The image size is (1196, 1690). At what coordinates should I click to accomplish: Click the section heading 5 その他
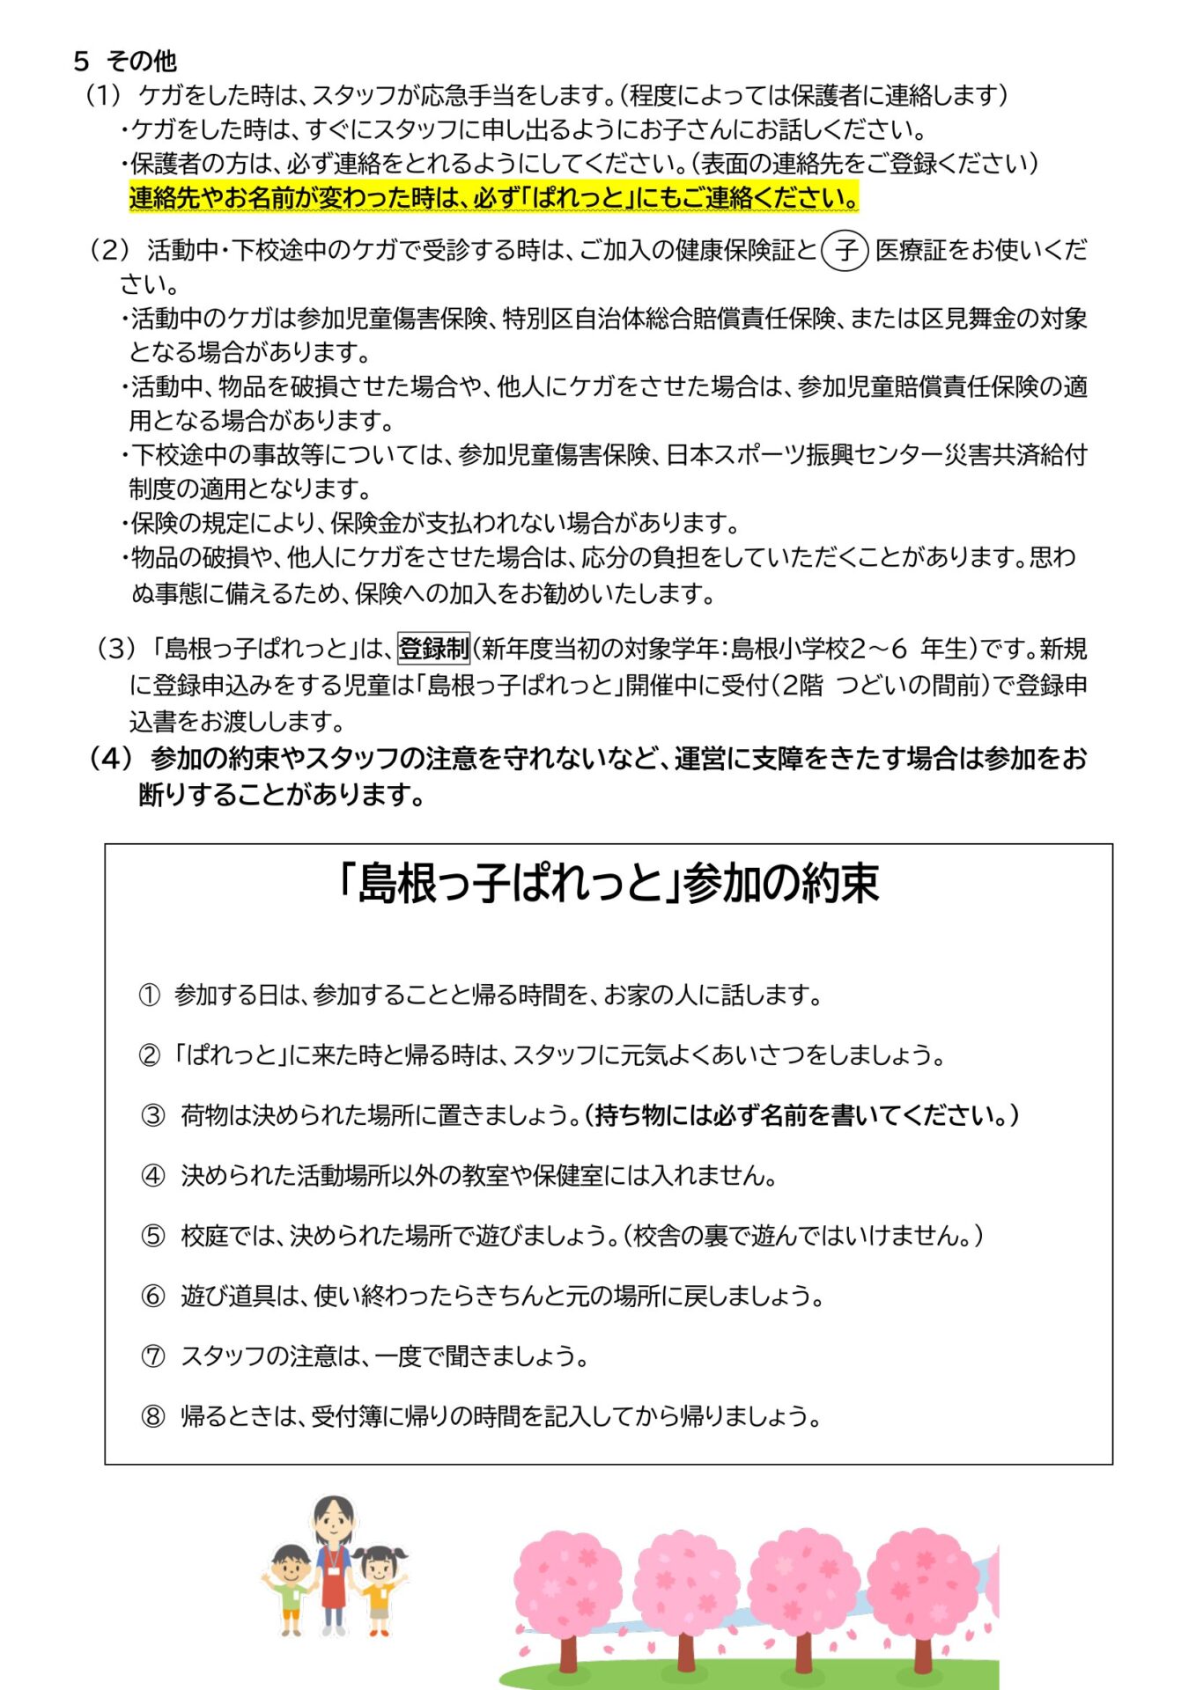(125, 61)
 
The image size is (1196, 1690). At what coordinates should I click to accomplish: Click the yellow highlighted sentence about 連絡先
(493, 198)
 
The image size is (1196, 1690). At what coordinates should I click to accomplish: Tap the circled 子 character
(845, 251)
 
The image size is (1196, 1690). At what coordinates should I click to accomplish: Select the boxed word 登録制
(433, 649)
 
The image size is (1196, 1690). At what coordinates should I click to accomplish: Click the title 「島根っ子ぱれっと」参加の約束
(609, 884)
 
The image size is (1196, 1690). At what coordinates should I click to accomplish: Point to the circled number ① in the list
(150, 996)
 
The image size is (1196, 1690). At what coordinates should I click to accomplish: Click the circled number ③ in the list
(153, 1116)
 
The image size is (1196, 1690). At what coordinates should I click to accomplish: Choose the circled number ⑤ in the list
(153, 1236)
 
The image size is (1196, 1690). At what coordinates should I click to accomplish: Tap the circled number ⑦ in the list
(153, 1356)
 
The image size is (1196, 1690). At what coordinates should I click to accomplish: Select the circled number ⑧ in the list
(153, 1416)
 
